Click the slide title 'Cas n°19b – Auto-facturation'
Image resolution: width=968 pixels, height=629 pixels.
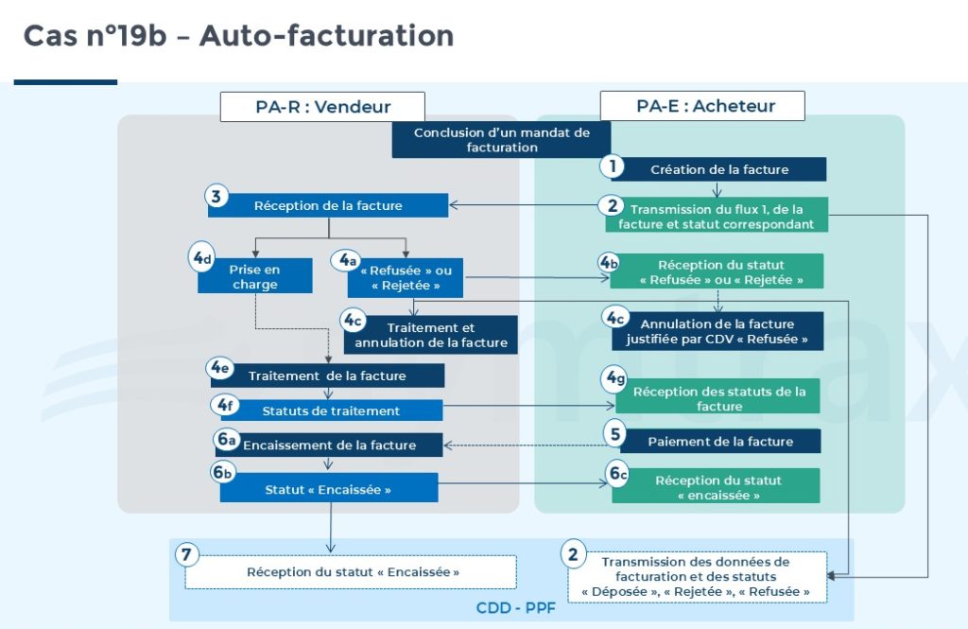point(238,36)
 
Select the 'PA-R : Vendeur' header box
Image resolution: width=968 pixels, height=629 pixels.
point(322,106)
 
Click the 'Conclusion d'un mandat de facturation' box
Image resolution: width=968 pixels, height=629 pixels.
point(501,140)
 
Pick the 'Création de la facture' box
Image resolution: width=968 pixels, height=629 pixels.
point(719,169)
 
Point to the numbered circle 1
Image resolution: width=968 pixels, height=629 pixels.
point(613,166)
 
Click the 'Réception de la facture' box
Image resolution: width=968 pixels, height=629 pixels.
point(328,205)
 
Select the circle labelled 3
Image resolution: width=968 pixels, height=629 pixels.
point(216,197)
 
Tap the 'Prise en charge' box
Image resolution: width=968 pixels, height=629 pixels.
point(254,276)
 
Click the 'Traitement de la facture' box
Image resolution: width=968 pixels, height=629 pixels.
point(327,376)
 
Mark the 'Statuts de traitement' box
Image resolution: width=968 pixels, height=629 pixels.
point(331,411)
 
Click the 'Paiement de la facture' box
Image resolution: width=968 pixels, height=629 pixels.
point(719,441)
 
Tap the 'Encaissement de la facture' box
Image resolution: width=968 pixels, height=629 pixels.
point(328,445)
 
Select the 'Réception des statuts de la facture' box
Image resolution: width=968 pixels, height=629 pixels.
point(719,398)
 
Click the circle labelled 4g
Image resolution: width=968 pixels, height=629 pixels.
point(615,379)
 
